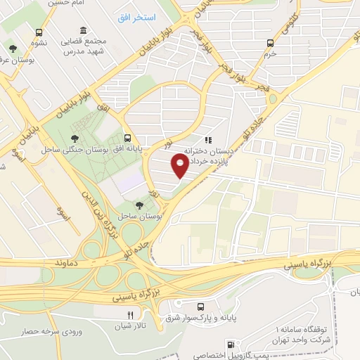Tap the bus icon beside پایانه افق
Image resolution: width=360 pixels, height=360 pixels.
click(x=127, y=138)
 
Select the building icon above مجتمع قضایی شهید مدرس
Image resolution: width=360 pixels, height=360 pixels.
click(x=84, y=30)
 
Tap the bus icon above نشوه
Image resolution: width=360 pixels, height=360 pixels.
click(x=39, y=32)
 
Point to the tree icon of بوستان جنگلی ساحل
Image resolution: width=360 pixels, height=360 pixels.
click(x=75, y=137)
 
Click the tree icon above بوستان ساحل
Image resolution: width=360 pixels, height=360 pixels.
click(x=140, y=205)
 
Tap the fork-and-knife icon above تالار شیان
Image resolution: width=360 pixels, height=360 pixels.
click(x=129, y=315)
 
